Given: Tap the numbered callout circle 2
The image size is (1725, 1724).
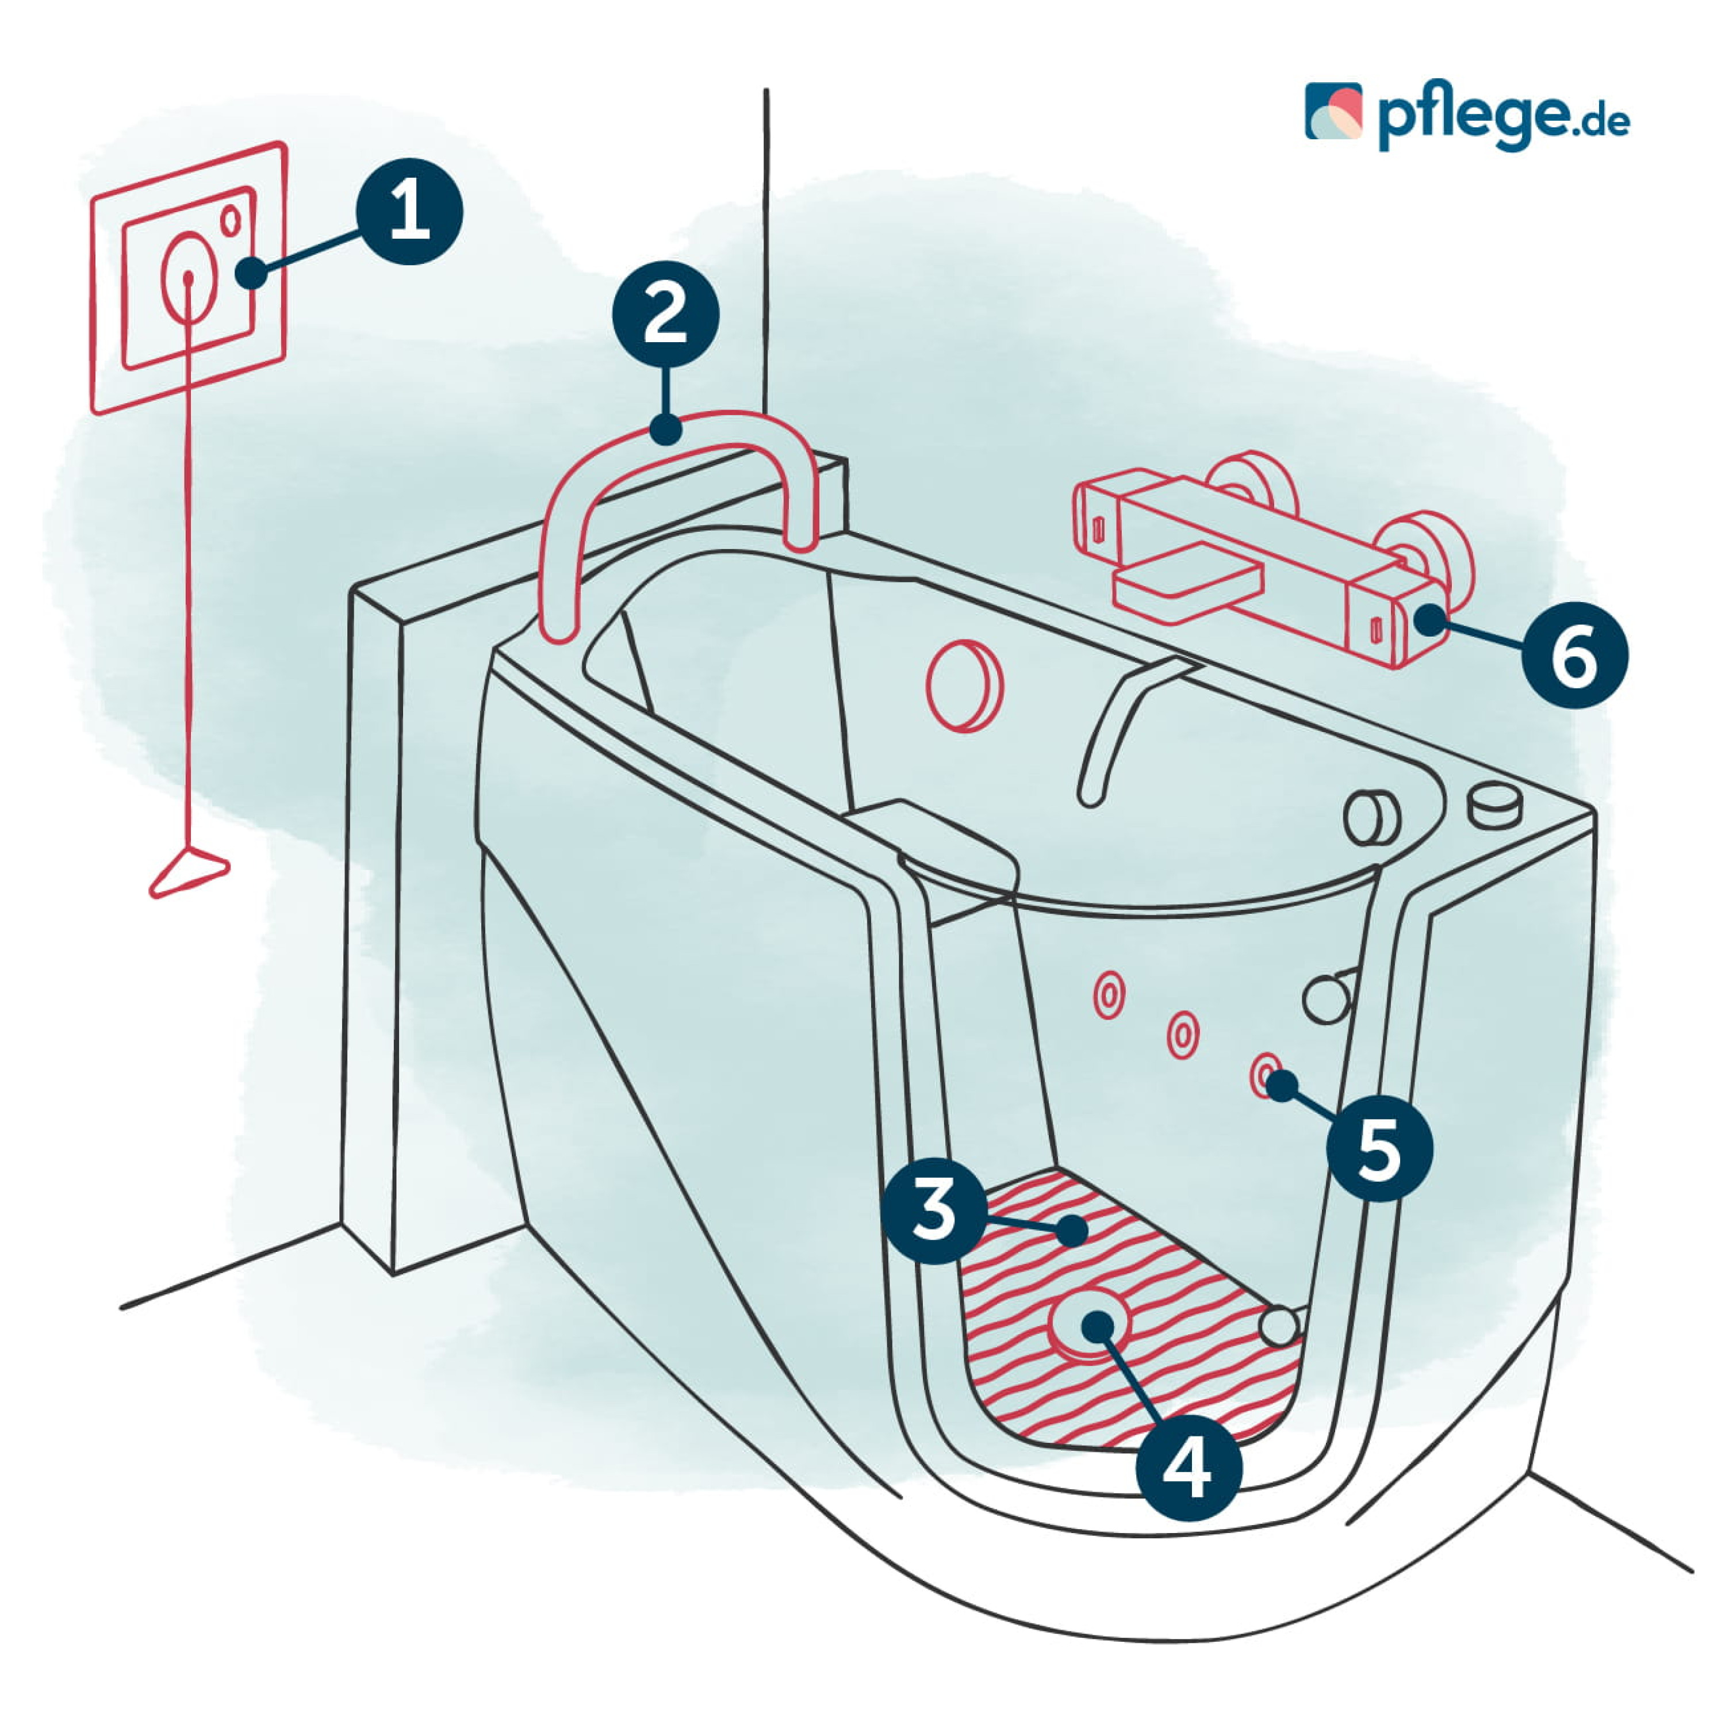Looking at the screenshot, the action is coord(665,313).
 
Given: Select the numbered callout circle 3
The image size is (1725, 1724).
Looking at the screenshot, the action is coord(934,1210).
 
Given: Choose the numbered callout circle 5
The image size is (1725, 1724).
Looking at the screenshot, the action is coord(1379,1147).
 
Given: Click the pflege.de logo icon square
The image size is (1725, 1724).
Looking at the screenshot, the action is coord(1334,112).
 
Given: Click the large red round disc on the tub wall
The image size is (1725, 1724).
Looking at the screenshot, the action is coord(964,685).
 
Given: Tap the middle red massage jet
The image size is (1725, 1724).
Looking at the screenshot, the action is coord(1182,1035).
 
